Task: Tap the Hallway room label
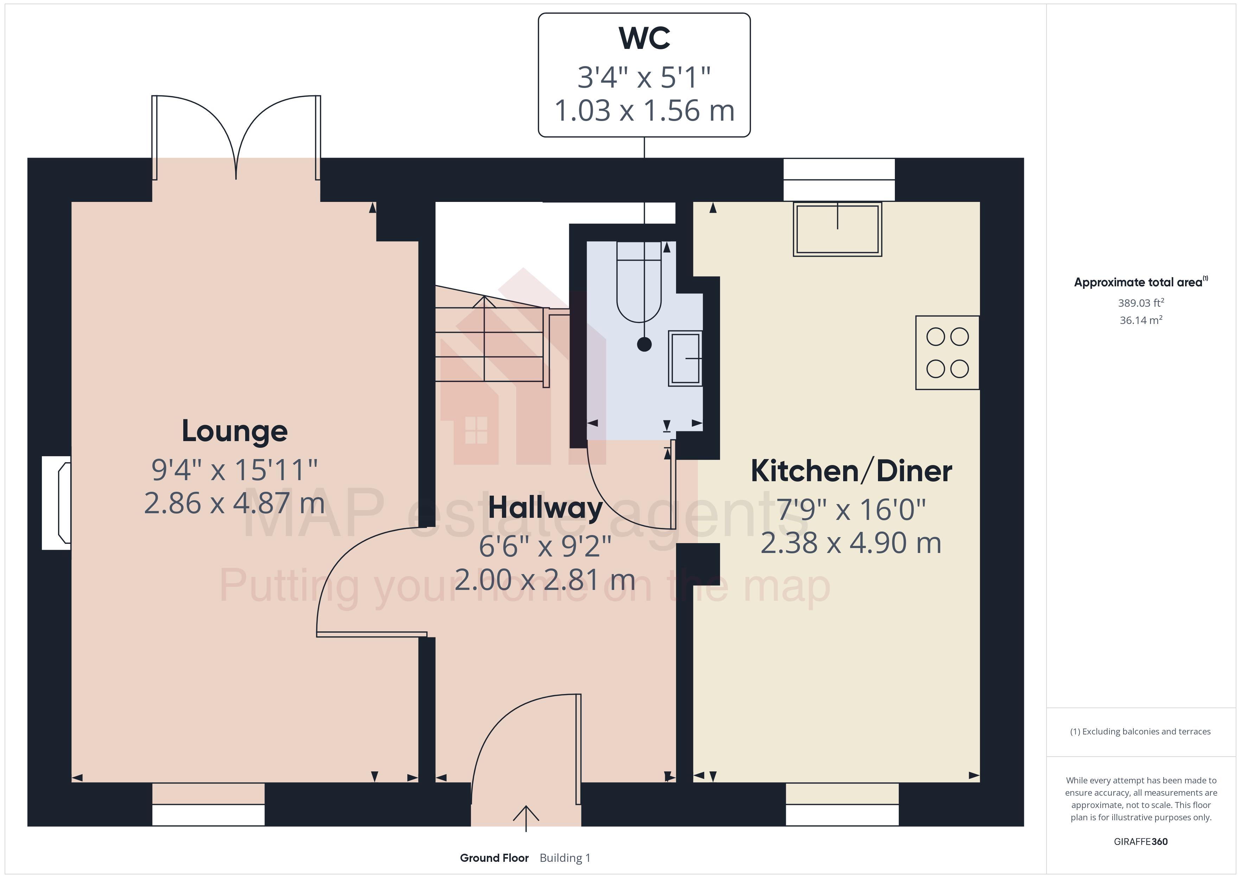(545, 508)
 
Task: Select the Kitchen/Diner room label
(851, 471)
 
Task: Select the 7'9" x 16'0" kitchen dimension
(851, 510)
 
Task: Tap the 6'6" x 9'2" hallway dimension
(545, 547)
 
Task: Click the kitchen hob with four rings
(947, 352)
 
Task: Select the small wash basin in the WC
(685, 358)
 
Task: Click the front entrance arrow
(526, 817)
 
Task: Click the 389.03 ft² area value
(1140, 303)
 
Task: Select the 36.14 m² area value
(1140, 320)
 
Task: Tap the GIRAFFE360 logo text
(1140, 841)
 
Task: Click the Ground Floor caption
(494, 858)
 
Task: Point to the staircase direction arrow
(484, 303)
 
